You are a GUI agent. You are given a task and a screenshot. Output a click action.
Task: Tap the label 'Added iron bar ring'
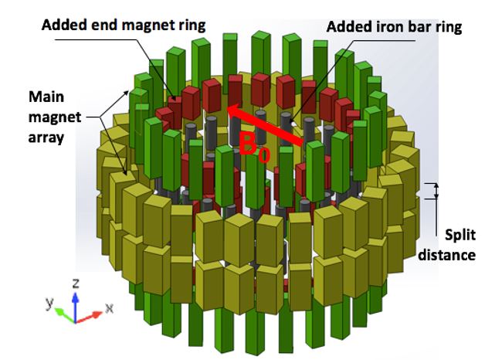(x=394, y=26)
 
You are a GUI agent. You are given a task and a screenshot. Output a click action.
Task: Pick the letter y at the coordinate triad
(x=49, y=304)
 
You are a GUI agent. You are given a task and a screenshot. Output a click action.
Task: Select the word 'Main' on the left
(x=46, y=98)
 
